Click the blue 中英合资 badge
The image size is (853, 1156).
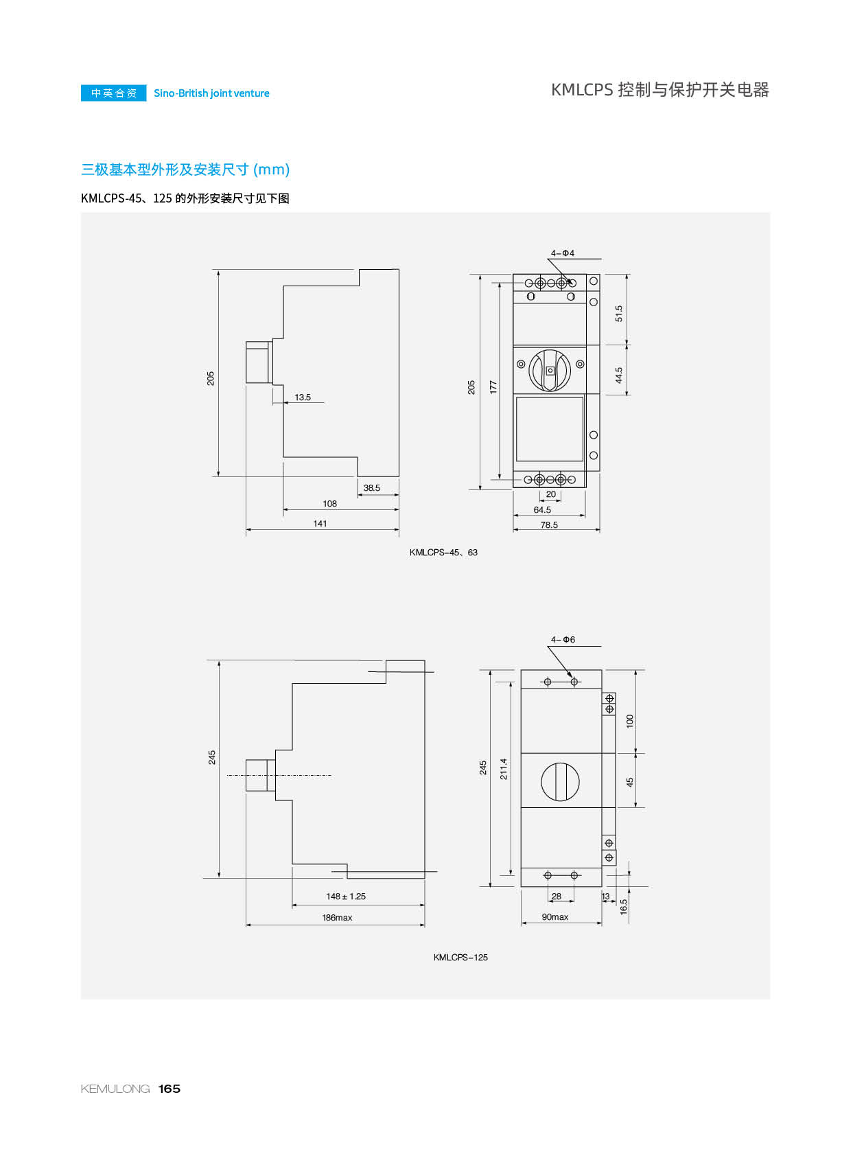tap(114, 93)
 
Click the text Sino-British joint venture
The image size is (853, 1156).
tap(211, 93)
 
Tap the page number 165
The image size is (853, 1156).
tap(170, 1088)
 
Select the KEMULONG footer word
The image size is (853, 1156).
tap(115, 1088)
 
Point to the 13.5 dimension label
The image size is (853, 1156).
tap(302, 397)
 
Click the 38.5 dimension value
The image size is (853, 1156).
tap(371, 488)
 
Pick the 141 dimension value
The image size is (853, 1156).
tap(320, 523)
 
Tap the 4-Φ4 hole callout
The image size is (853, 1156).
tap(562, 253)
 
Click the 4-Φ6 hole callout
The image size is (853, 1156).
tap(563, 640)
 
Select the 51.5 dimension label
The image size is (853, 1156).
tap(618, 313)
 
